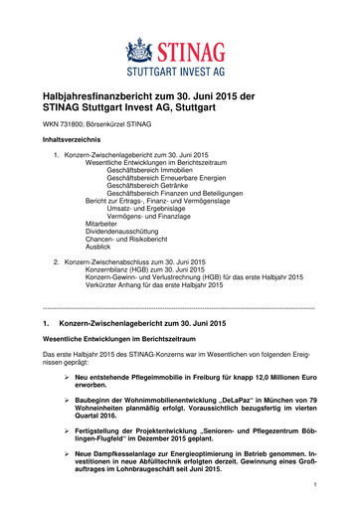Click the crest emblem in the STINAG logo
(144, 49)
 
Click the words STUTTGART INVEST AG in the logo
(181, 72)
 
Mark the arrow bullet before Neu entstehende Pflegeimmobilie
(66, 378)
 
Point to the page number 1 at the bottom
(313, 486)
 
